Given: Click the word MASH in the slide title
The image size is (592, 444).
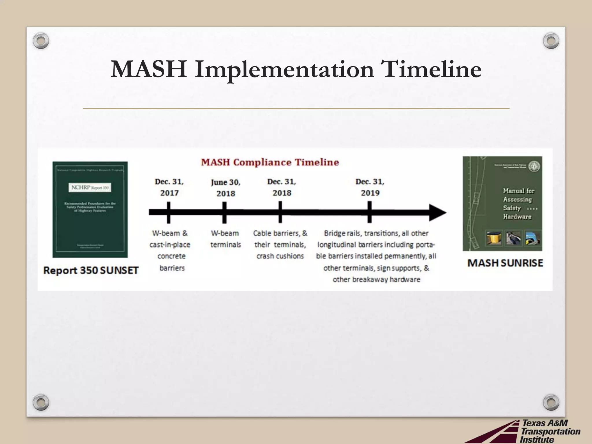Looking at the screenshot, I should [149, 69].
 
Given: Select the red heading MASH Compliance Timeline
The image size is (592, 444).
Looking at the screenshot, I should [270, 162].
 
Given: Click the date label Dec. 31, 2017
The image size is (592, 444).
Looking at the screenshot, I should [169, 187].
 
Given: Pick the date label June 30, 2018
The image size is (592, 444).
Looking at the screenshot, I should [225, 188].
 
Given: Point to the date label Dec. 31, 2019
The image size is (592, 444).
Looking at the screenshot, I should [370, 187].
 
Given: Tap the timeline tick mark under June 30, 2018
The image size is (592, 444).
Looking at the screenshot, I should [224, 213].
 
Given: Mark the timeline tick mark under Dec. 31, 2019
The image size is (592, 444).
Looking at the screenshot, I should [369, 213].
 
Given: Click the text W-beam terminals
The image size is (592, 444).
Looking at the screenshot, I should [225, 239].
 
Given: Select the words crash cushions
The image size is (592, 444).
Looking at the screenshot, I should [280, 256].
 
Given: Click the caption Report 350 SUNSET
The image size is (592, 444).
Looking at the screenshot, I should [91, 270].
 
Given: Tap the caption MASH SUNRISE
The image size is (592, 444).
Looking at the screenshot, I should [505, 263].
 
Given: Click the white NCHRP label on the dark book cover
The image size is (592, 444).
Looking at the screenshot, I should [90, 188].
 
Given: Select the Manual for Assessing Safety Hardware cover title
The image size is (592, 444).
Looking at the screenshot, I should [518, 203].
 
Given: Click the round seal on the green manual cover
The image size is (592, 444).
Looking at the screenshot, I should [534, 166].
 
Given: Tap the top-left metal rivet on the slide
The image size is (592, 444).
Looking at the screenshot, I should [41, 41].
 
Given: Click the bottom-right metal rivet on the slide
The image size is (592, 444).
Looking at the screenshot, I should [551, 402].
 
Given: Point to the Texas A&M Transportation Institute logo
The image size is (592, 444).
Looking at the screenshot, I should [529, 431].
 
